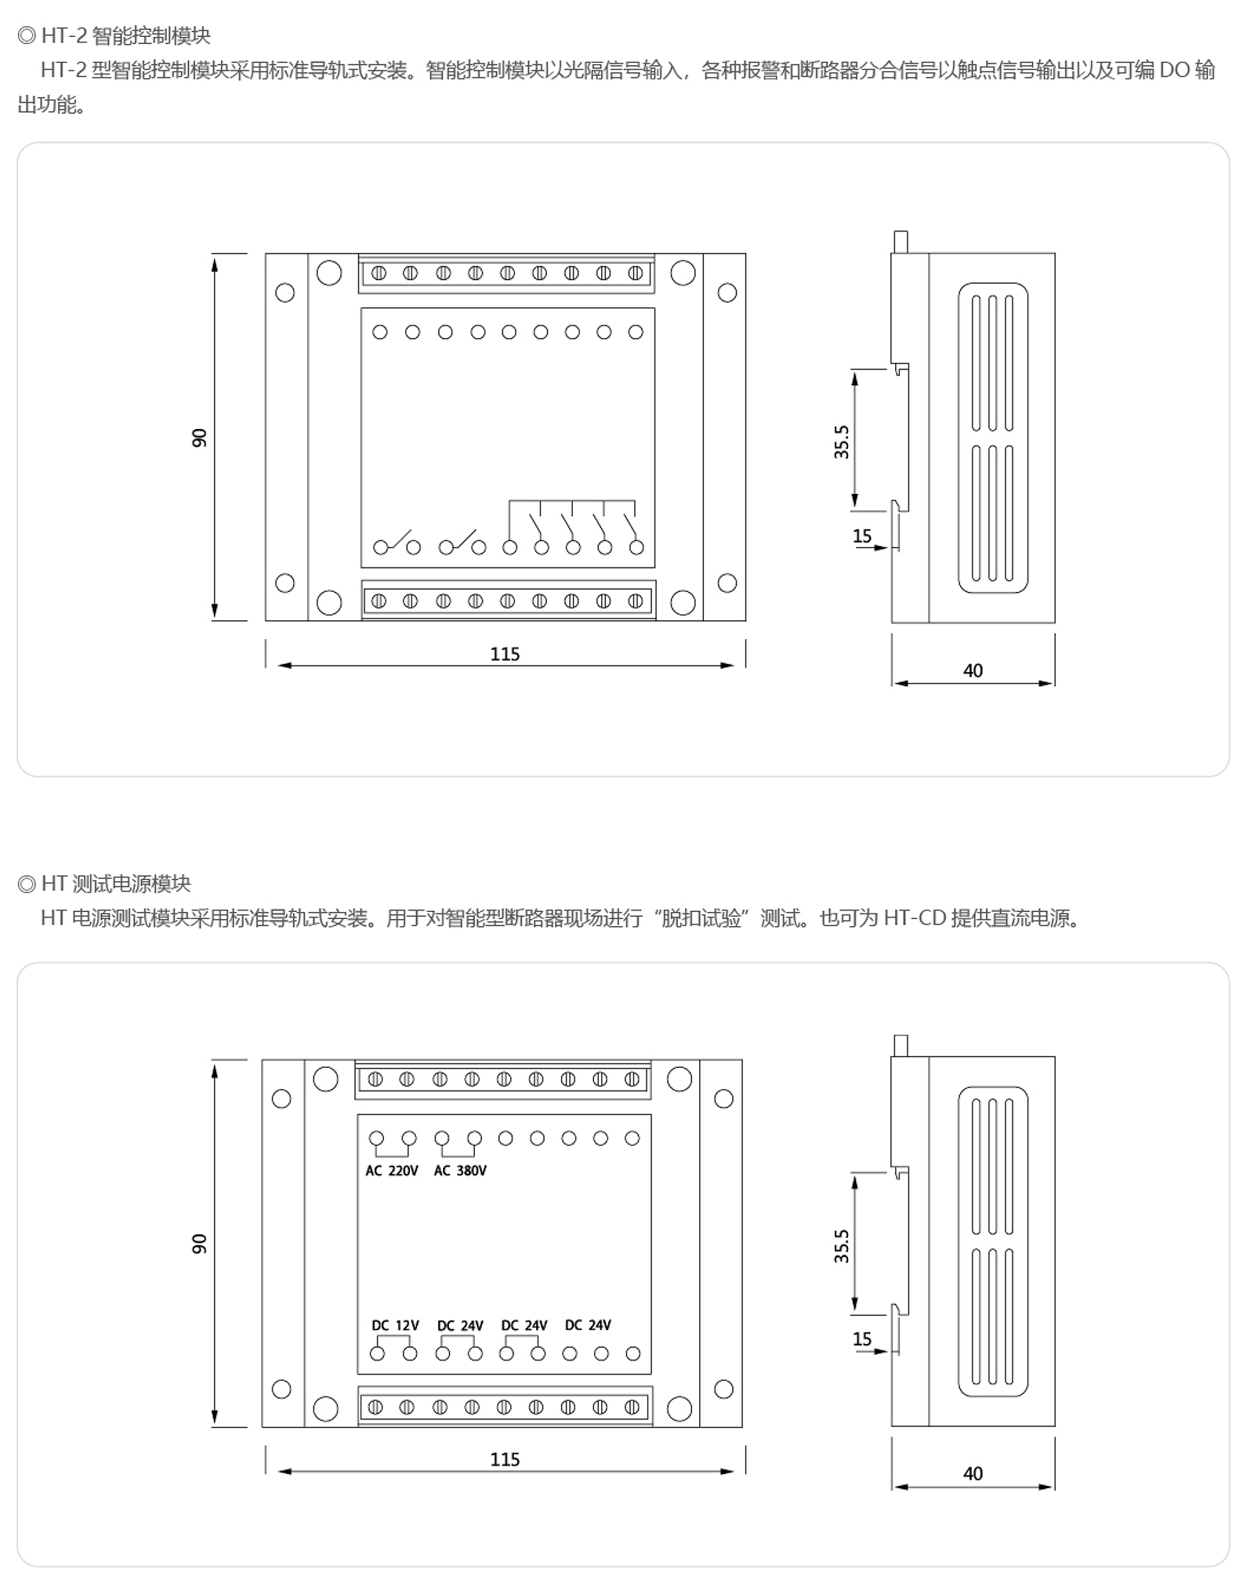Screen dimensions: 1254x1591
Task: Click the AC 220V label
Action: pos(392,1171)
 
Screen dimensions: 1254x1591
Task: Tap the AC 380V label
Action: pos(460,1171)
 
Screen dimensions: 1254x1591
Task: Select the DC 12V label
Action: pos(395,1325)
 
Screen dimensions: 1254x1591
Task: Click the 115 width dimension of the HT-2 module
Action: pos(505,654)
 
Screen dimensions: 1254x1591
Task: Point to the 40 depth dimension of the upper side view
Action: pos(973,670)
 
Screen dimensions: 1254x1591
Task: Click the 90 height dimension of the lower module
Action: pos(199,1244)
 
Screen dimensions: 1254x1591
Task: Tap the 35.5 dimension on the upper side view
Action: pos(841,442)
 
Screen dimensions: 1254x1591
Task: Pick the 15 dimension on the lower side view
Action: pos(862,1339)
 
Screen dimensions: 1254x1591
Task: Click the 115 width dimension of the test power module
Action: pos(505,1460)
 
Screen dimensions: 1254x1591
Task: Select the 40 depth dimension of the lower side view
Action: pos(973,1474)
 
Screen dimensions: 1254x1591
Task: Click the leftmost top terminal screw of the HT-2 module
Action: pos(379,274)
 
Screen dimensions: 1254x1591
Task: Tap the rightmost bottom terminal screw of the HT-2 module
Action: pos(636,601)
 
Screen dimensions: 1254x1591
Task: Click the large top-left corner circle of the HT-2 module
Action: pos(329,273)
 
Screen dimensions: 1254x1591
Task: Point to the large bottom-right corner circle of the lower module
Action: pos(680,1409)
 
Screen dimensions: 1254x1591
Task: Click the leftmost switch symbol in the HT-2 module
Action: pos(397,543)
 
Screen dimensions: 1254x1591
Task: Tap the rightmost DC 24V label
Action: pos(588,1325)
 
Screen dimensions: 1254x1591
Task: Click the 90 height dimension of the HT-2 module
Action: pos(199,438)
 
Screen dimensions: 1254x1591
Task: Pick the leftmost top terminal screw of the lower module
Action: pos(375,1080)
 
